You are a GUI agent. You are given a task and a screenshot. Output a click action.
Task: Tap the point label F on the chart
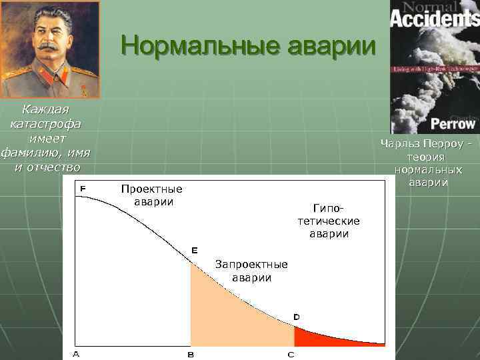click(x=83, y=189)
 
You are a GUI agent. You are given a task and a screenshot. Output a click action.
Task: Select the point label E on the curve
click(x=195, y=250)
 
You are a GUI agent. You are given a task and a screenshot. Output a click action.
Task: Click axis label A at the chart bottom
click(x=75, y=354)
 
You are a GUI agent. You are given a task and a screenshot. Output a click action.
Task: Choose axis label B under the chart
click(x=191, y=355)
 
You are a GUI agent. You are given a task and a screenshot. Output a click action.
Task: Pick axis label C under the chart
click(x=291, y=355)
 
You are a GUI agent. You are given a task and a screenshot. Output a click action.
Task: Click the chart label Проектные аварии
click(x=151, y=195)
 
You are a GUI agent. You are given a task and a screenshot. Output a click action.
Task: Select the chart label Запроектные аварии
click(x=251, y=271)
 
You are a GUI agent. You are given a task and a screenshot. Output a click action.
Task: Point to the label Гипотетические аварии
click(x=329, y=221)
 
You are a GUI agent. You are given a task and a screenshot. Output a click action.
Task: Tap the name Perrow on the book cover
click(x=453, y=123)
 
